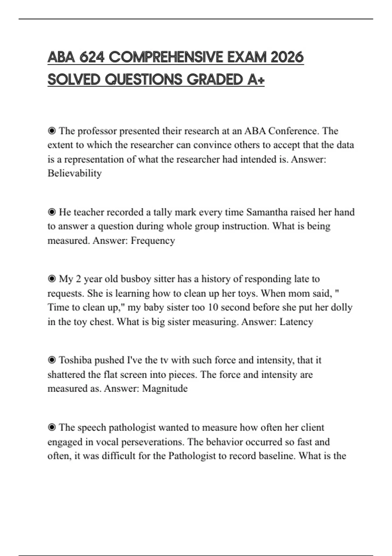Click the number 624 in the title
(92, 57)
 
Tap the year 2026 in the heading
(287, 57)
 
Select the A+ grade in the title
(256, 79)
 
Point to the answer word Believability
(74, 173)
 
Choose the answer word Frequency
(153, 240)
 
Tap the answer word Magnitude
(165, 388)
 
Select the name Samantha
(268, 212)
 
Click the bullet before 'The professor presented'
(52, 131)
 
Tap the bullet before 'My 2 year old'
(52, 279)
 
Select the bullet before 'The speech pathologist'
(52, 427)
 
